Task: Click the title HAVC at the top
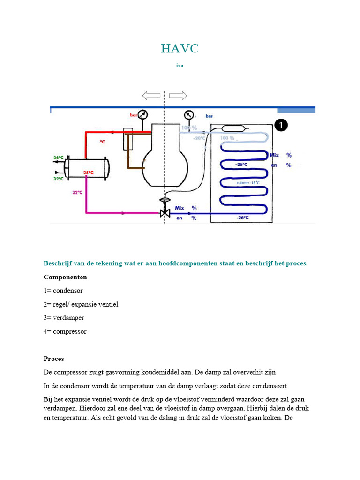pyautogui.click(x=180, y=48)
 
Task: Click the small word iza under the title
pyautogui.click(x=180, y=66)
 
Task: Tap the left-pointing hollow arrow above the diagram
pyautogui.click(x=151, y=96)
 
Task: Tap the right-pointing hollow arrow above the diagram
pyautogui.click(x=178, y=96)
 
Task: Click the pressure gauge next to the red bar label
pyautogui.click(x=143, y=114)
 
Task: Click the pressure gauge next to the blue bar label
pyautogui.click(x=188, y=115)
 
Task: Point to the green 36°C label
pyautogui.click(x=58, y=157)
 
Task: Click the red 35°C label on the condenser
pyautogui.click(x=89, y=172)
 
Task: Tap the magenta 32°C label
pyautogui.click(x=77, y=192)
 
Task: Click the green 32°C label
pyautogui.click(x=58, y=179)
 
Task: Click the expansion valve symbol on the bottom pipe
pyautogui.click(x=165, y=212)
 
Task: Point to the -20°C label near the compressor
pyautogui.click(x=199, y=138)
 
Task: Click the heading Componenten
pyautogui.click(x=65, y=277)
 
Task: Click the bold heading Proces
pyautogui.click(x=53, y=359)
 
